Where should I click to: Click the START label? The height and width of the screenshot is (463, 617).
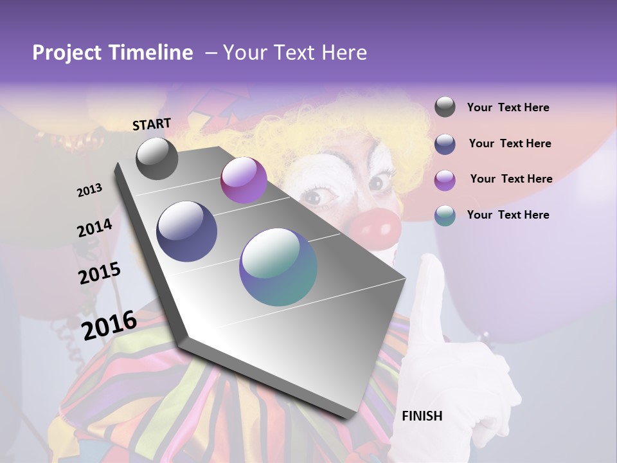click(152, 124)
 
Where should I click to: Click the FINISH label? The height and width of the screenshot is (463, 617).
click(422, 416)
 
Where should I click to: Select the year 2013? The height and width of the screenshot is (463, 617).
click(89, 190)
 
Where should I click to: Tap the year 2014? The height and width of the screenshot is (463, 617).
click(94, 228)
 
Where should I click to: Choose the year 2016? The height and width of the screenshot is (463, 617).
click(109, 325)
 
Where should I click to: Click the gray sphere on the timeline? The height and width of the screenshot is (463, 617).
click(157, 158)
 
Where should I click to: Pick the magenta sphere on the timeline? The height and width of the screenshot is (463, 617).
click(244, 180)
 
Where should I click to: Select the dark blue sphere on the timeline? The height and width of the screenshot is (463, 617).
click(187, 232)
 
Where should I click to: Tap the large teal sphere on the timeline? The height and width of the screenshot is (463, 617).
click(278, 267)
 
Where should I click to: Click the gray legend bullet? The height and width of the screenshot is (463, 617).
click(445, 107)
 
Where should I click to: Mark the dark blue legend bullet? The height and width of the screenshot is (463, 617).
click(445, 143)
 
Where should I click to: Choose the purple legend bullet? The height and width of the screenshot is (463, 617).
click(445, 179)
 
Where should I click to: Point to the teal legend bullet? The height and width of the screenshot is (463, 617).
click(445, 215)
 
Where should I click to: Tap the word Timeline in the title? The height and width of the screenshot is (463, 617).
click(152, 53)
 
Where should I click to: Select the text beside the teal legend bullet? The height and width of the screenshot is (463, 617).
click(508, 215)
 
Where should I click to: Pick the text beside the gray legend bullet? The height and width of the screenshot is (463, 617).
click(508, 107)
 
